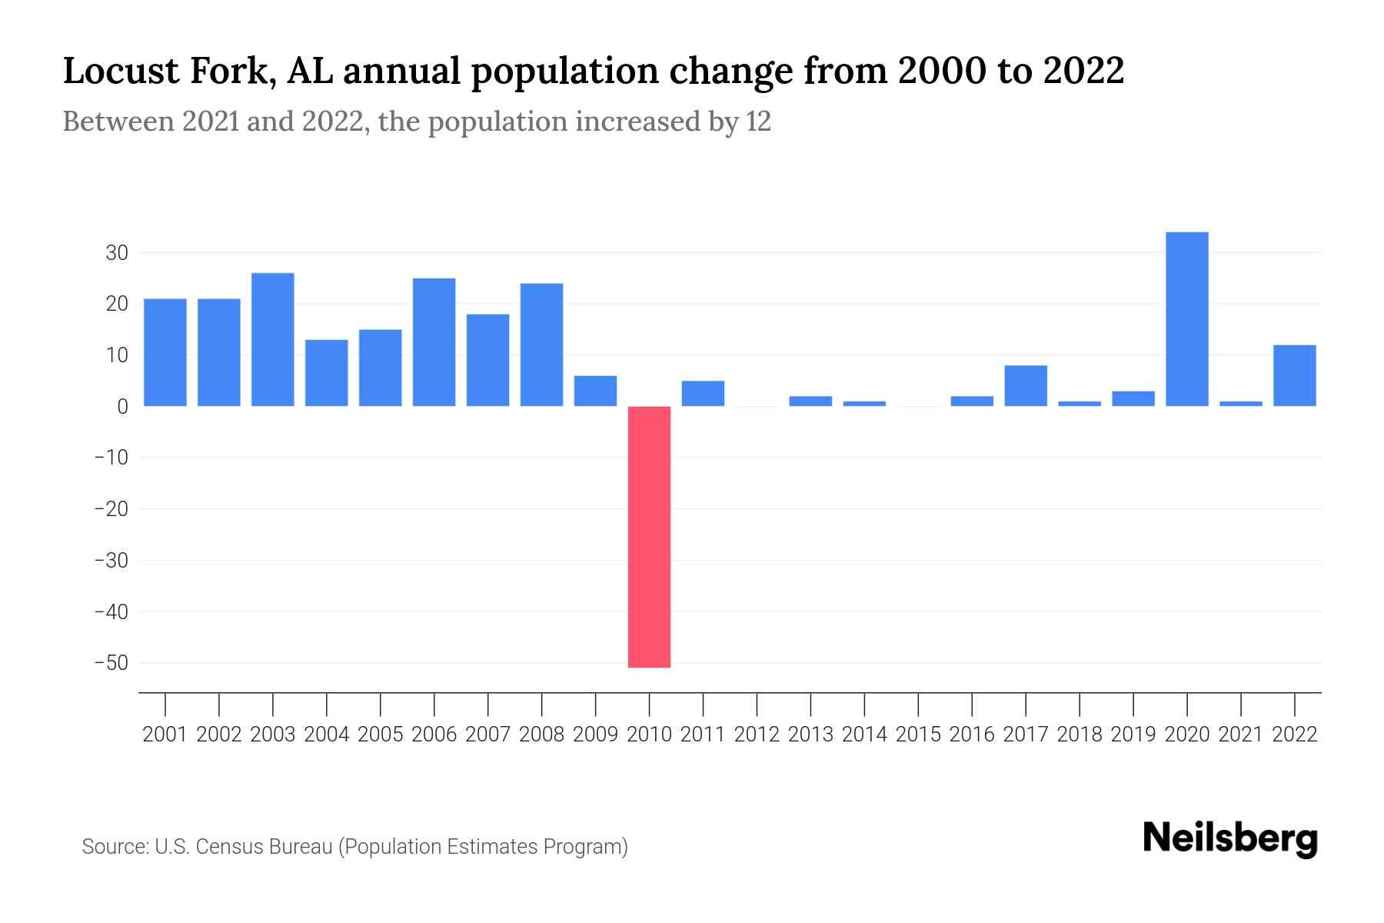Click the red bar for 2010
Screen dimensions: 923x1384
click(649, 536)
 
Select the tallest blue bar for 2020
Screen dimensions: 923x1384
click(1186, 319)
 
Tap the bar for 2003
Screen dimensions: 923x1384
click(273, 339)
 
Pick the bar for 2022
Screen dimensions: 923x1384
click(1294, 375)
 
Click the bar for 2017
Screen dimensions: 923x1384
click(1026, 385)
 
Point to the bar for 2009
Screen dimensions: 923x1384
click(595, 391)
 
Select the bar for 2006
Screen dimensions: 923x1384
click(434, 342)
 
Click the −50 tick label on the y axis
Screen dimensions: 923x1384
click(111, 663)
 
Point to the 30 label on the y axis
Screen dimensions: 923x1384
click(117, 253)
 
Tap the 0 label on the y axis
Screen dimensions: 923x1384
click(122, 407)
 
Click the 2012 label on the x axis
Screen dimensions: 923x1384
click(757, 735)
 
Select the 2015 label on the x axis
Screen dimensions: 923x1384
click(918, 735)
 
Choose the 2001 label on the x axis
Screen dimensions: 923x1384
click(165, 735)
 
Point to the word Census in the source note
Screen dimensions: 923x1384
click(229, 847)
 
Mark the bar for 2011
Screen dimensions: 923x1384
click(703, 394)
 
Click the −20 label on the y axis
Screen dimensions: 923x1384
click(111, 509)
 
